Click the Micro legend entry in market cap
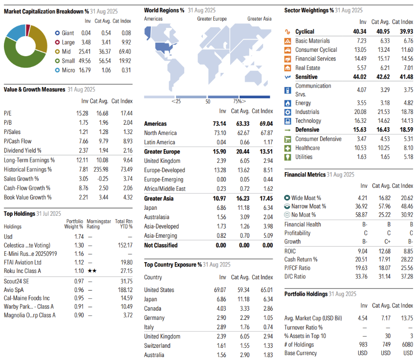coord(68,70)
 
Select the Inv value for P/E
coord(82,113)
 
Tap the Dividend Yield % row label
coord(22,151)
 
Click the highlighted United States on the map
coord(167,47)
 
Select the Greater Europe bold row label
coord(162,152)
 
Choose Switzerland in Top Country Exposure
coord(157,345)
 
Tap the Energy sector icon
coord(287,103)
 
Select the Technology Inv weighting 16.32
coord(359,121)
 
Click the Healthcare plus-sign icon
coord(287,148)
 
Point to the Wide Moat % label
coord(306,198)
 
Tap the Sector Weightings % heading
coord(309,10)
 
